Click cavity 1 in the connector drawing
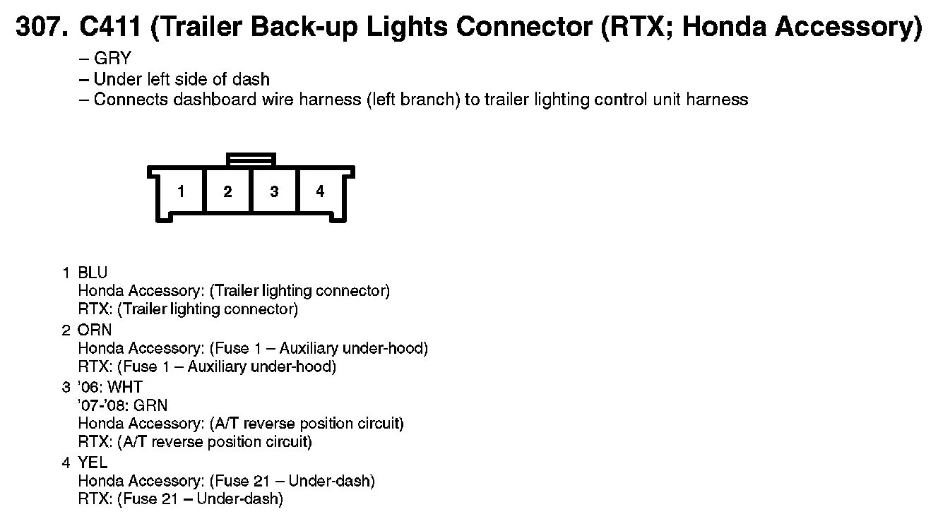tap(182, 191)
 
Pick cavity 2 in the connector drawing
tap(227, 191)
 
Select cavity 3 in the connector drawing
tap(274, 191)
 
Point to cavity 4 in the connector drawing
tap(320, 191)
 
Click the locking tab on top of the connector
tap(251, 160)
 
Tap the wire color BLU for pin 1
tap(93, 272)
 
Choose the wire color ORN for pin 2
tap(95, 330)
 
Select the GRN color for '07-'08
tap(150, 405)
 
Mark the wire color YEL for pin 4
tap(93, 463)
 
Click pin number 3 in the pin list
tap(66, 387)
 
